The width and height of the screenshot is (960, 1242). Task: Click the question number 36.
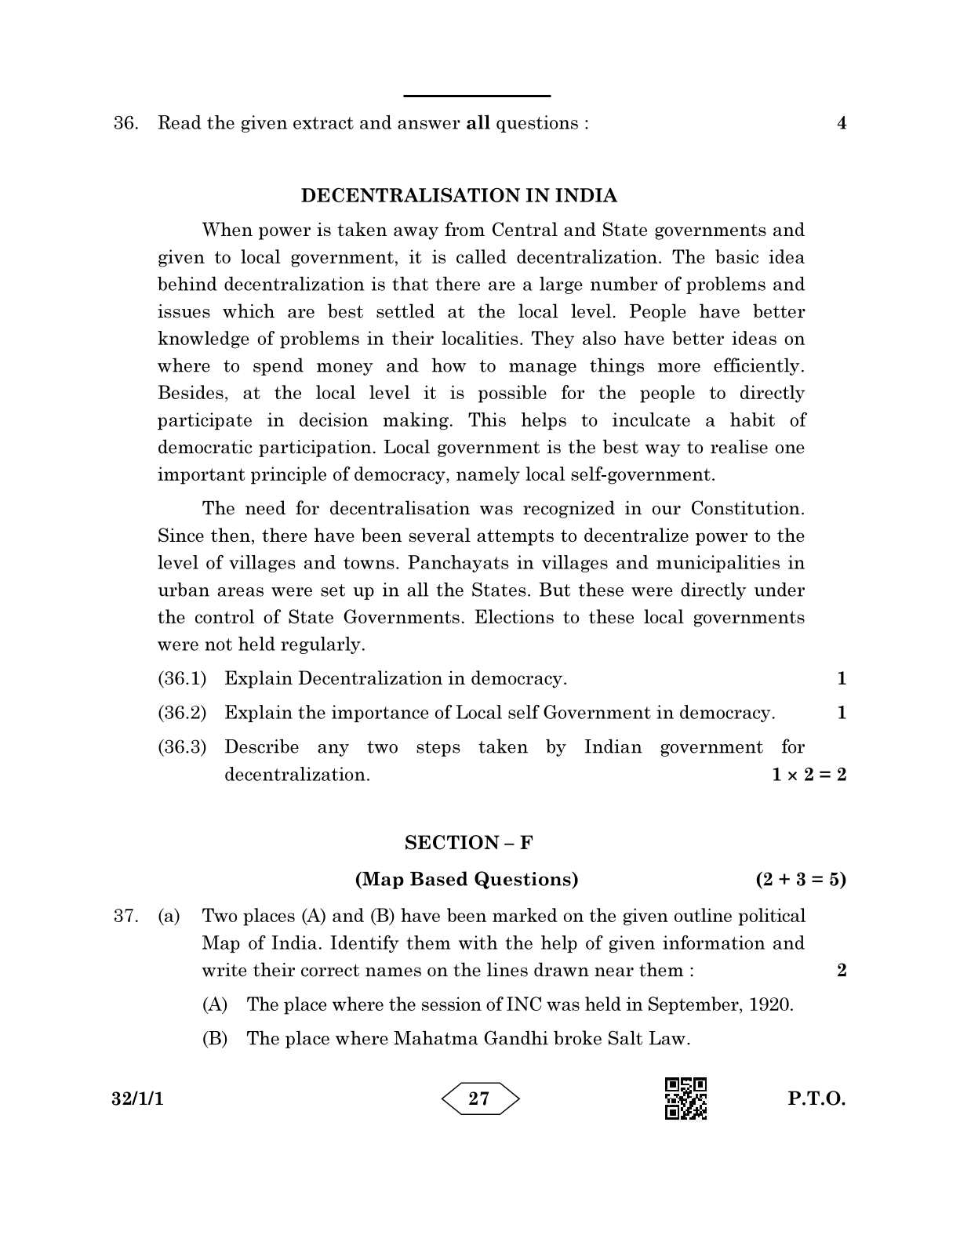[125, 123]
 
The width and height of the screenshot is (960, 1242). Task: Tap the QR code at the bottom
[685, 1098]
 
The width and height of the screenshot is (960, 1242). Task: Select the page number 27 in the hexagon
[479, 1099]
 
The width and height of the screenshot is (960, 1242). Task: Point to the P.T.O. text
[816, 1099]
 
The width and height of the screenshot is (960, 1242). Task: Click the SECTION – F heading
[468, 843]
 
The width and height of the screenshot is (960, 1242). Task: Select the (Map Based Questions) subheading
[467, 879]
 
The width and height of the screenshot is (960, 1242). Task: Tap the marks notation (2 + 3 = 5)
[801, 879]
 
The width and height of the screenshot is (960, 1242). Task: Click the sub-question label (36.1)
[182, 678]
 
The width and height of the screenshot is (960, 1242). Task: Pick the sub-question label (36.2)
[182, 713]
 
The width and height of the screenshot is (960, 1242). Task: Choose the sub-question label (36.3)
[182, 747]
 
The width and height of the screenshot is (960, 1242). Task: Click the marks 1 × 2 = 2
[809, 775]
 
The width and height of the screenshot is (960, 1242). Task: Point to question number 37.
[125, 916]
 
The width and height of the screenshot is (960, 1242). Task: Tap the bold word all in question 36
[478, 123]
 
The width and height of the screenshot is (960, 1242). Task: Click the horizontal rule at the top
[477, 96]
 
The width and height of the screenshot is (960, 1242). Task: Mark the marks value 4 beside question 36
[842, 123]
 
